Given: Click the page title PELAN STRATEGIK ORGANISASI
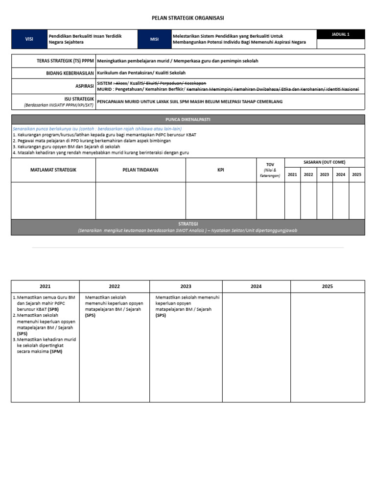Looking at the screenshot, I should tap(188, 18).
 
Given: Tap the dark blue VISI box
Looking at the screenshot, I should tap(29, 39).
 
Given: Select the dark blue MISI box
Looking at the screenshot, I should tap(154, 39).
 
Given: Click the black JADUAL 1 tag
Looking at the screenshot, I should tap(341, 34).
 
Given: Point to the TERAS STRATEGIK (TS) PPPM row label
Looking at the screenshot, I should tap(65, 61).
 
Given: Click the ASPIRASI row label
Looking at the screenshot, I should tap(84, 86).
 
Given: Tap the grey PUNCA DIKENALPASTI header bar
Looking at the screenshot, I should tap(188, 119).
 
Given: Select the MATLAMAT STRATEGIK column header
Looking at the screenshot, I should tap(53, 170).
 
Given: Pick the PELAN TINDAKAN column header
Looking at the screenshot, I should tap(141, 170).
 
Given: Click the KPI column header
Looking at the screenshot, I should tap(221, 170).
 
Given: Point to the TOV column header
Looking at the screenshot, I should tap(270, 165).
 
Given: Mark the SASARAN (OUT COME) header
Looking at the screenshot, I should tap(324, 162).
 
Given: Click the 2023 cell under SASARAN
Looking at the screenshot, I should tap(324, 175).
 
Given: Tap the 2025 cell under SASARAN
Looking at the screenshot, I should tap(356, 175).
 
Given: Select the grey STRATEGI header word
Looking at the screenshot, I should tap(188, 224).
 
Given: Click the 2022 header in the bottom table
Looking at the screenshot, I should tap(115, 287).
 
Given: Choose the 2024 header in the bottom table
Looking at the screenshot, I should tap(256, 287).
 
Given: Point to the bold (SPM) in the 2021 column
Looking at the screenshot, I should tap(56, 351).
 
